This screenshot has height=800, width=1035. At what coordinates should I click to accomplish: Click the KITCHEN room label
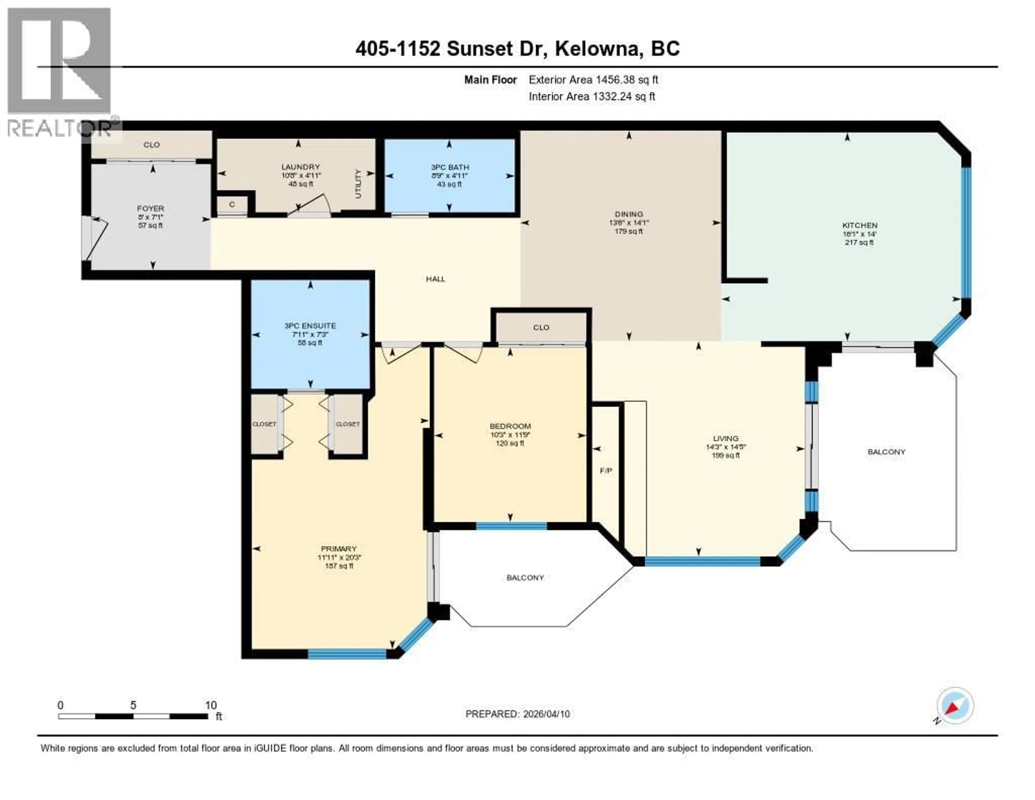(859, 225)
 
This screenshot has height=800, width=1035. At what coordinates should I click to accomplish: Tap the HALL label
(435, 279)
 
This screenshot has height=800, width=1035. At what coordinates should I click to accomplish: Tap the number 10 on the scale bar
(211, 705)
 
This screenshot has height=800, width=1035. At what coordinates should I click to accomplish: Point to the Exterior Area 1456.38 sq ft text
(593, 80)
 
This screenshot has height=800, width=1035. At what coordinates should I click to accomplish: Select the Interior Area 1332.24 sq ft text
(592, 96)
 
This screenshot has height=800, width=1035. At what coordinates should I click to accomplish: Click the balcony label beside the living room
(886, 452)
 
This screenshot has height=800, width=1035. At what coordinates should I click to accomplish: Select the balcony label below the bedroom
(525, 577)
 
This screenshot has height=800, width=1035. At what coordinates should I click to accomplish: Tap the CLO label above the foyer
(152, 145)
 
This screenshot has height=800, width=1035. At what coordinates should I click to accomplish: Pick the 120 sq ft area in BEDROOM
(510, 443)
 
